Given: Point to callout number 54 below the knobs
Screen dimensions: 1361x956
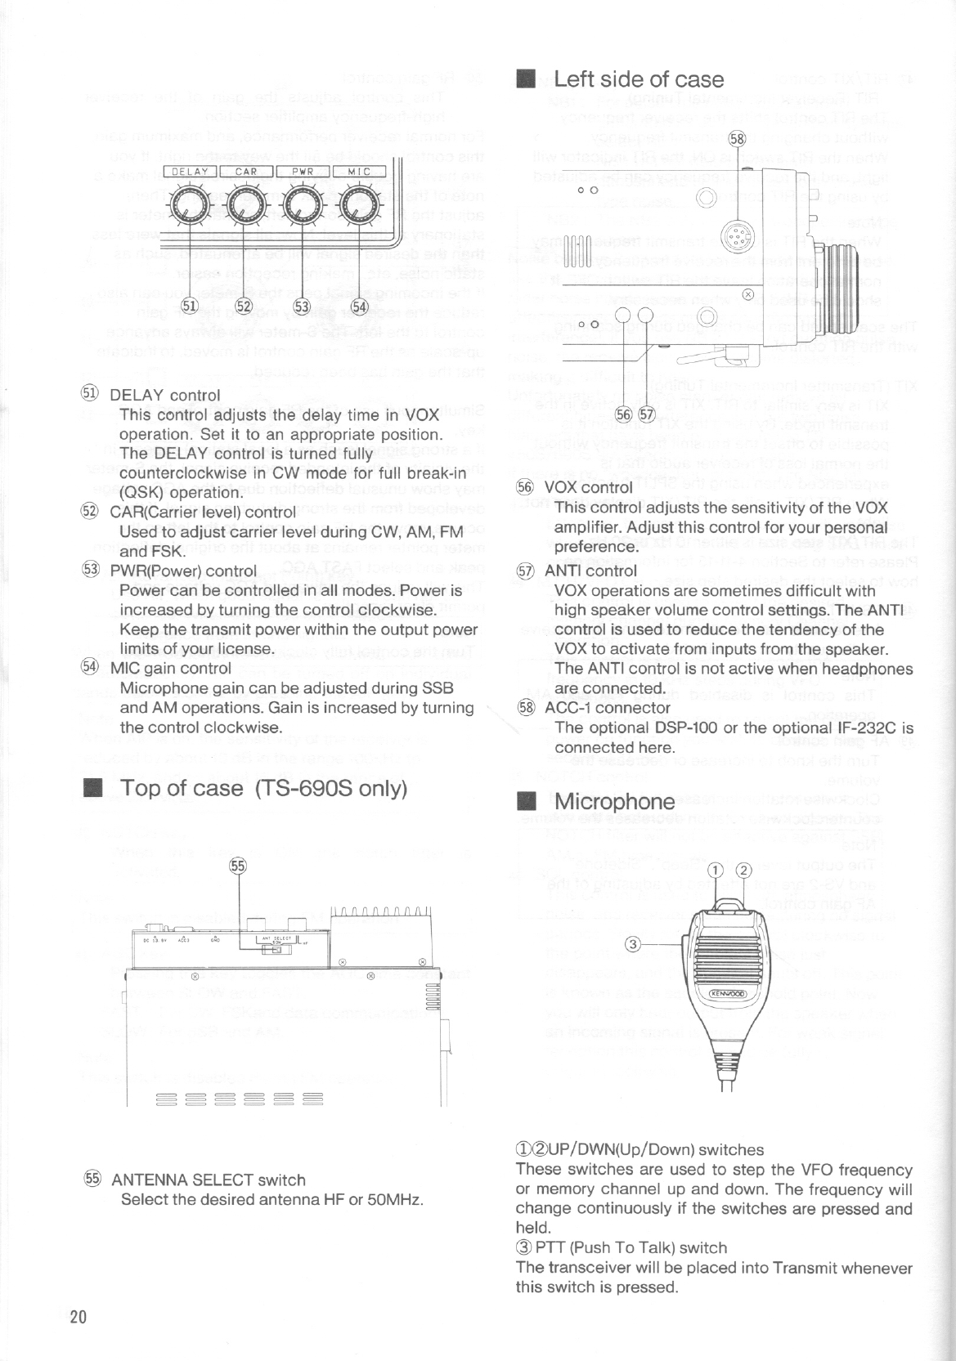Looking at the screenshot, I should click(360, 307).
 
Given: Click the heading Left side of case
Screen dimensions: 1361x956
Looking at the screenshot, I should click(638, 79).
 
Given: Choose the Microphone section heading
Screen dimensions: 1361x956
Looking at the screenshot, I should click(614, 802).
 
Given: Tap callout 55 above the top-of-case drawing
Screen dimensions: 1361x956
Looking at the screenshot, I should click(238, 866).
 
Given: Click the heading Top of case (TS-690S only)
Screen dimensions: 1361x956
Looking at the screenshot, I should click(263, 789).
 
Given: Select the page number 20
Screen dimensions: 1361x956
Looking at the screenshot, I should click(79, 1317).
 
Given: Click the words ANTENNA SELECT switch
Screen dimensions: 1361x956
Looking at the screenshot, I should click(208, 1180).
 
